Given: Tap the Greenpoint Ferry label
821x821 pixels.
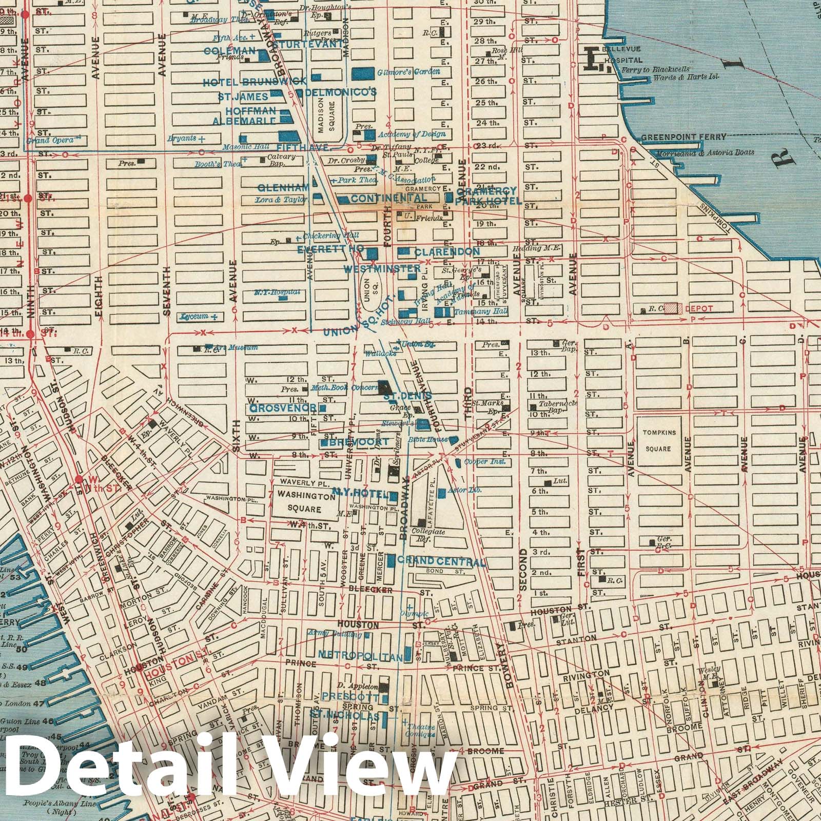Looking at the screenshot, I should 683,137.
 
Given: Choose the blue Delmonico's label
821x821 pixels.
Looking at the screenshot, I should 341,92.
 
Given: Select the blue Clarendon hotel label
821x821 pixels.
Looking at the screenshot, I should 447,252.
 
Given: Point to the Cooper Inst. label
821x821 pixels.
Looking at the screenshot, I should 484,462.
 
